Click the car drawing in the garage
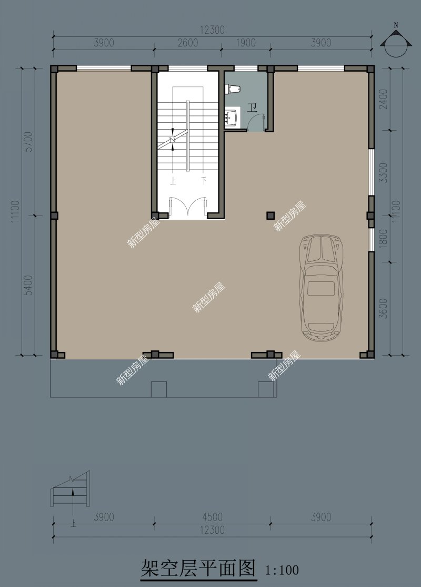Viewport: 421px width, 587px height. tap(321, 288)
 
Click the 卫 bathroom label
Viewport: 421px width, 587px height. tap(252, 108)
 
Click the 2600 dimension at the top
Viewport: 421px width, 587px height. tap(188, 43)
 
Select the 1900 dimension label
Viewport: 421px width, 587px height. tap(246, 43)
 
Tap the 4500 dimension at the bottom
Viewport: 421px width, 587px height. tap(213, 517)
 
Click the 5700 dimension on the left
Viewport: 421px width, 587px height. tap(28, 142)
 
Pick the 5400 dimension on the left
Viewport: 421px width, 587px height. tap(28, 285)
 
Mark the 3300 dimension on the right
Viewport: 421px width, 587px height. tap(383, 173)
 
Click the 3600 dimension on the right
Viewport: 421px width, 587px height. tap(383, 308)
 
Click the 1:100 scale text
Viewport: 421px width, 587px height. tap(282, 570)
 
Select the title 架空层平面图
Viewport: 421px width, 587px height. tap(198, 569)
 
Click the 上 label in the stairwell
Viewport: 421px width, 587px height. tap(173, 182)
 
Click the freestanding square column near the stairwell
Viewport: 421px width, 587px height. tap(270, 216)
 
